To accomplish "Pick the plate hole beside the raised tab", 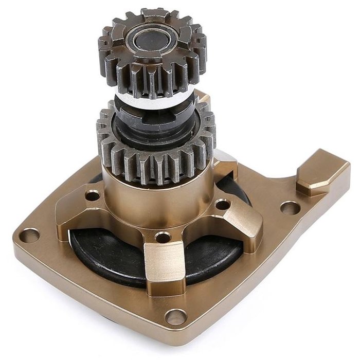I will coord(290,208).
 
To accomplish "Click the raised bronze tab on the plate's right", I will coord(321,172).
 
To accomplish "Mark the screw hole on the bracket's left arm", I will coord(93,196).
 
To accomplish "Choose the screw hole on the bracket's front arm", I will coord(163,238).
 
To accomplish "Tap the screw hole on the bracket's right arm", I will coord(222,205).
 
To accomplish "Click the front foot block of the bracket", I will coord(163,267).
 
